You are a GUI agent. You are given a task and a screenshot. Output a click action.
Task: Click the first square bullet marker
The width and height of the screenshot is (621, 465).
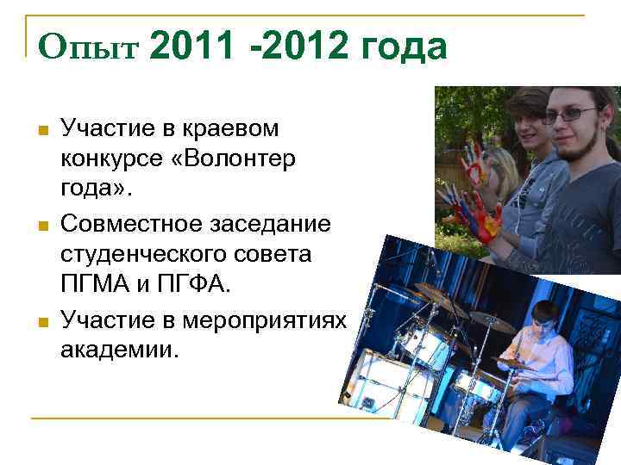click(x=41, y=131)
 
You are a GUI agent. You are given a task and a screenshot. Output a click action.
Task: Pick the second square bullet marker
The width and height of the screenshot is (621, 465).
click(x=41, y=226)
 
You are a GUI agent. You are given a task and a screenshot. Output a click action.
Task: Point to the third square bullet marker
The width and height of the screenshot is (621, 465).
click(x=41, y=322)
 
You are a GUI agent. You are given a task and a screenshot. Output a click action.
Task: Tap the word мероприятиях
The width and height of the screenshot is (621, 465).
click(x=275, y=320)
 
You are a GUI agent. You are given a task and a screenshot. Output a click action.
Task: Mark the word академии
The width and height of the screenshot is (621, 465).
click(x=116, y=350)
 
